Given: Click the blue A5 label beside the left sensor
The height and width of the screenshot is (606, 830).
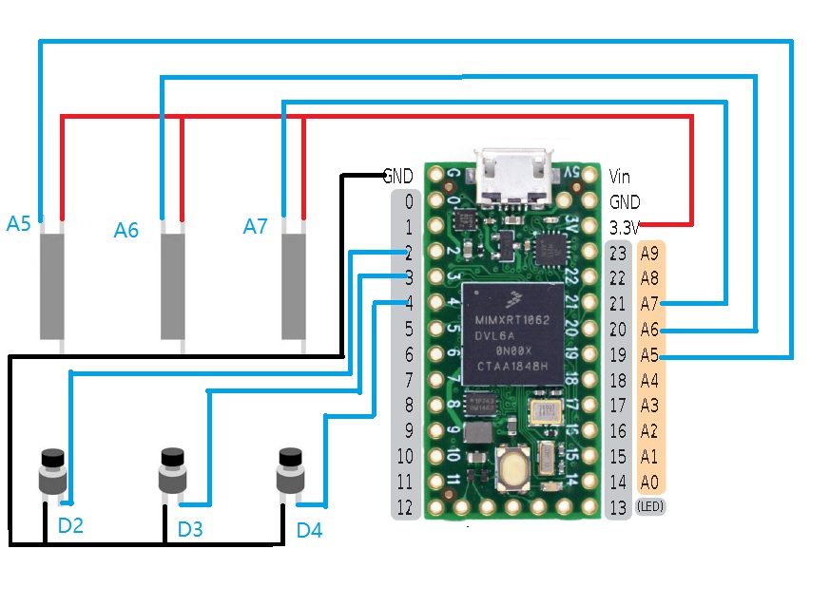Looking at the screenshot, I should (18, 224).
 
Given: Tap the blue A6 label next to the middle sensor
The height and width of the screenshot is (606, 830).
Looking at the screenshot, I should (125, 230).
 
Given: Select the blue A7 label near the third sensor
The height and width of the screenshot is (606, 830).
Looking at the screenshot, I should (255, 226).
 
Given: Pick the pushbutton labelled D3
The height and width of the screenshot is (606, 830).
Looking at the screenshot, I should (171, 470).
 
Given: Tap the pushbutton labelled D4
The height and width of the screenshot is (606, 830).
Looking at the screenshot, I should (289, 470).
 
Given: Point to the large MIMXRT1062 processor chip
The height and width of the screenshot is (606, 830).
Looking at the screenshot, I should (514, 333).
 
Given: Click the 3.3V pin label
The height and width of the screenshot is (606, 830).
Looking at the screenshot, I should (625, 228).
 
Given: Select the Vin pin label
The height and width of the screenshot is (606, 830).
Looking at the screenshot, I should (619, 176).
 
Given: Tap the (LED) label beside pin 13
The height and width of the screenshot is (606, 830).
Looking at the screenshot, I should (650, 507).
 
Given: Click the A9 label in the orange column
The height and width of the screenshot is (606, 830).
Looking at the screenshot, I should (649, 253).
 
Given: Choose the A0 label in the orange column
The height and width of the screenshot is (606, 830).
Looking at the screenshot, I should (649, 482).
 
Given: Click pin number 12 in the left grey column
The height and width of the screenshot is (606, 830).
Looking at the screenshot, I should (407, 507).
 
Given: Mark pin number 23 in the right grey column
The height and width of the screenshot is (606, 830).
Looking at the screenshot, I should (619, 253).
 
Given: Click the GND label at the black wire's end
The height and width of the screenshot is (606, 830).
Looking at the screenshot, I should (397, 176).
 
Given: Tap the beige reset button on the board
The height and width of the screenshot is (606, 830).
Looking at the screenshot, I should (515, 468).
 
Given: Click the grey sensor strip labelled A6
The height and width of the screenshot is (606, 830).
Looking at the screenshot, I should (172, 286).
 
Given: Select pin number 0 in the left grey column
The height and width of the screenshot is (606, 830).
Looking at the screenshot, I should (408, 201).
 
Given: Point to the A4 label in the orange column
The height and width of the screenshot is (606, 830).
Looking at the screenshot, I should (649, 380).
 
